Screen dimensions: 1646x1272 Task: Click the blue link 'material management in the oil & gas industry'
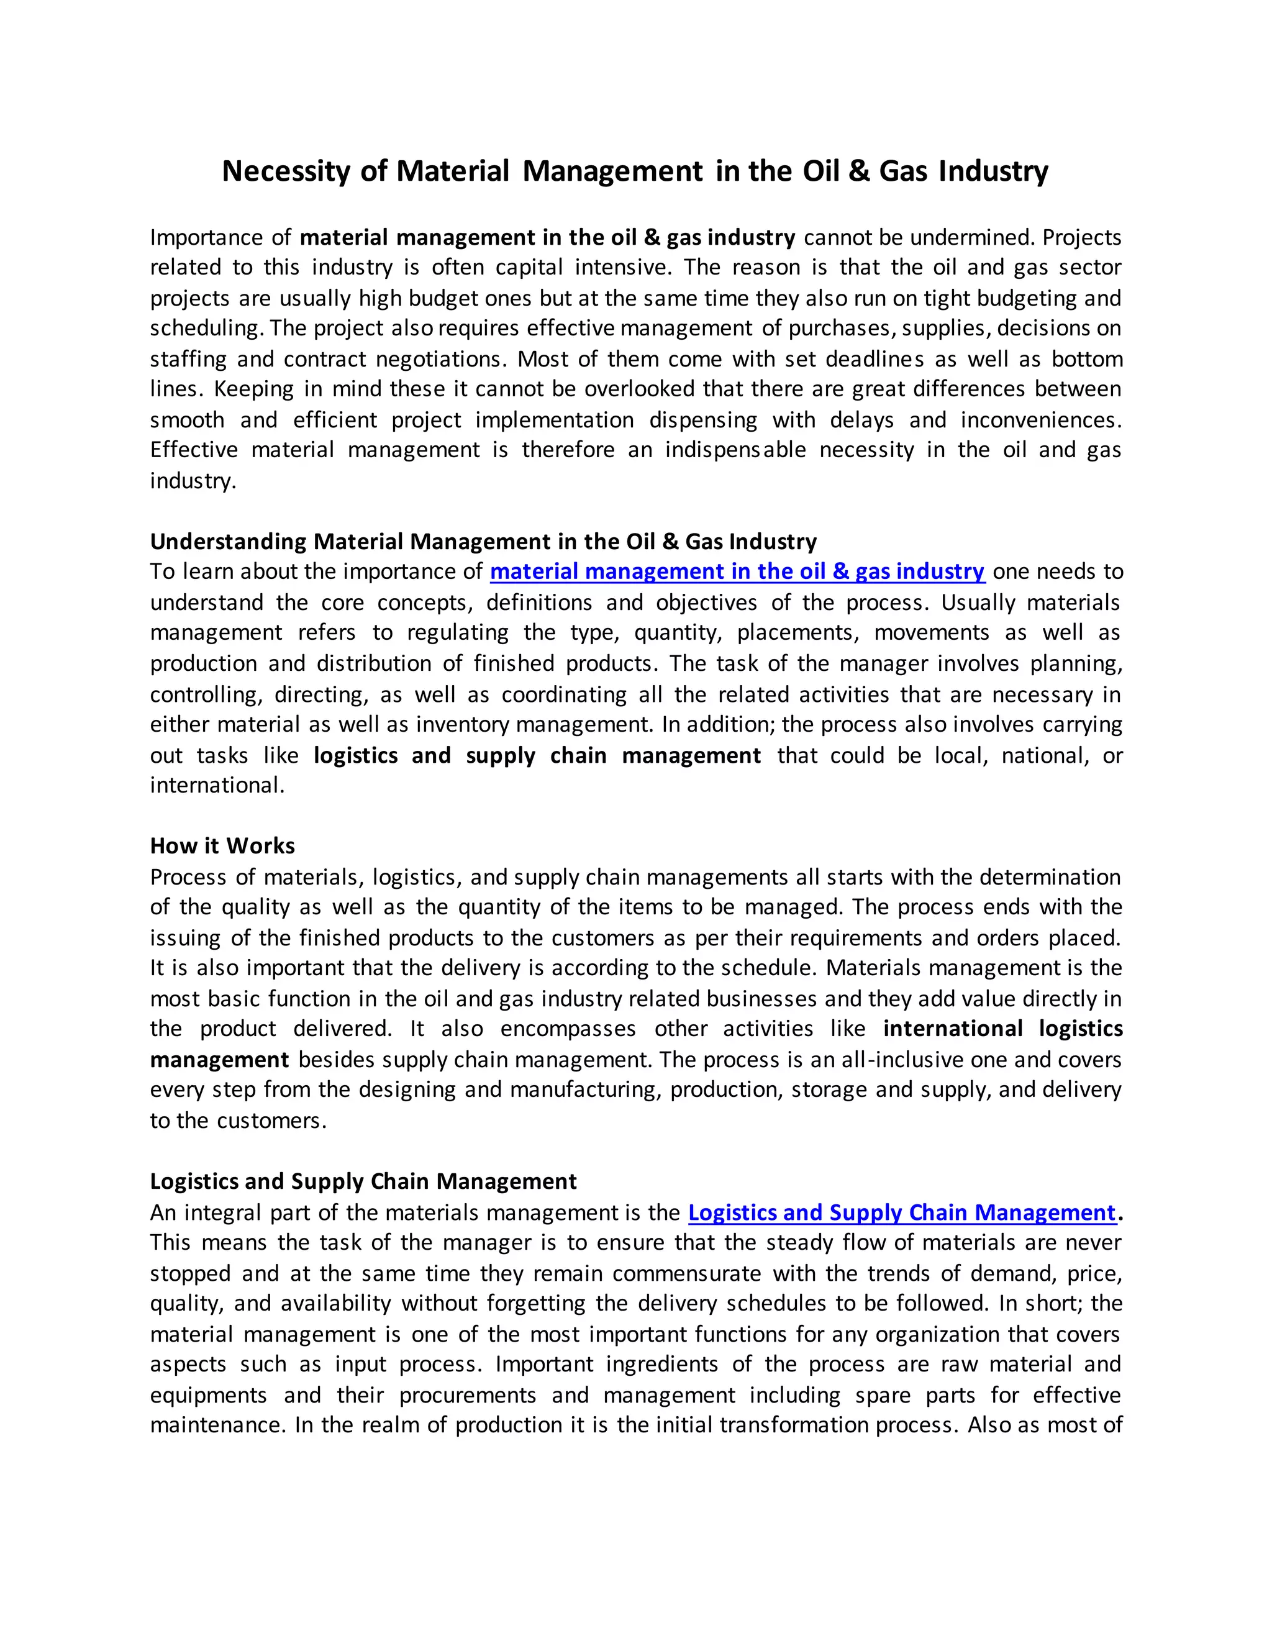pos(737,571)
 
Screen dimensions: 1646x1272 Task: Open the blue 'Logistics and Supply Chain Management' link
pos(901,1212)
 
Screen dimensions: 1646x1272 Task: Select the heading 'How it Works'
pos(222,845)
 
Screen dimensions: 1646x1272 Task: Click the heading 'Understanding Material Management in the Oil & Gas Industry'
pos(483,541)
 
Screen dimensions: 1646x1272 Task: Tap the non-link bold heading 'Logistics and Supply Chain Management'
pos(363,1181)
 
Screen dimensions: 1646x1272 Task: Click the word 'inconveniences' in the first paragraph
pos(1040,420)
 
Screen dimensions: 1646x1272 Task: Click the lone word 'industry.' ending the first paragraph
pos(193,481)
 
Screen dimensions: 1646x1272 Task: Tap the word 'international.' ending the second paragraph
pos(217,785)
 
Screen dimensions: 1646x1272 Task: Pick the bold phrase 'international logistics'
pos(1002,1029)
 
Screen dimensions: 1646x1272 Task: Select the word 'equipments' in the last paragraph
pos(208,1395)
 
